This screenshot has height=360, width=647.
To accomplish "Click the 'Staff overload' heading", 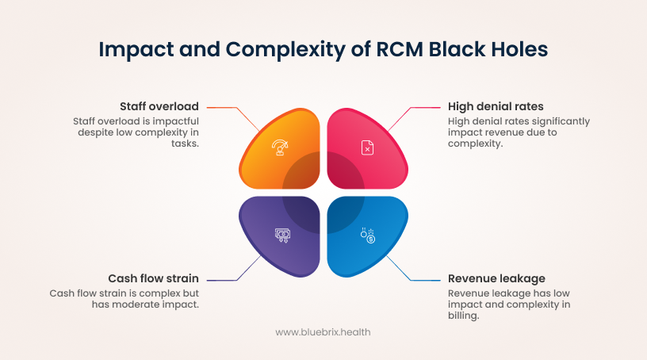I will coord(159,106).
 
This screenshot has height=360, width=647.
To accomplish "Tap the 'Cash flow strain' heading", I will coord(153,278).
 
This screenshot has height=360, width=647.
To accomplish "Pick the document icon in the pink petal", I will coord(367,147).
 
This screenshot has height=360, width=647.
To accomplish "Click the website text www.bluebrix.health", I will coord(323,332).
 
